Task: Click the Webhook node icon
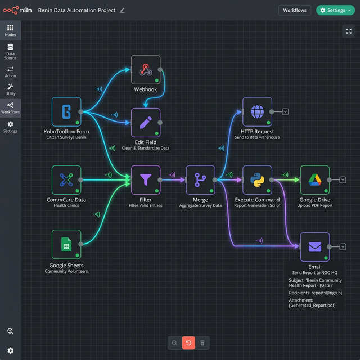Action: point(146,70)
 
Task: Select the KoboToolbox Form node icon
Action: point(66,112)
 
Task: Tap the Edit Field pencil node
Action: point(146,123)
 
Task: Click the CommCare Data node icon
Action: point(66,179)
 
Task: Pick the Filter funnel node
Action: point(146,179)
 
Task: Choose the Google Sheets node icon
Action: point(66,244)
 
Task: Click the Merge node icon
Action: point(200,179)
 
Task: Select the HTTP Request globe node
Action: point(257,111)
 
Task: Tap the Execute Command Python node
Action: point(257,179)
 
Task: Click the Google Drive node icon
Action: point(314,179)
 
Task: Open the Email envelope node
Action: point(314,247)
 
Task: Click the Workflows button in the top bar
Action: point(295,10)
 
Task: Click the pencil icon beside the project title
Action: point(123,10)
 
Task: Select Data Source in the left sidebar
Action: point(10,51)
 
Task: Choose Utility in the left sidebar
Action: point(10,89)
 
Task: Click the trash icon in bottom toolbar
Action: point(202,343)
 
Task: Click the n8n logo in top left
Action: point(17,10)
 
